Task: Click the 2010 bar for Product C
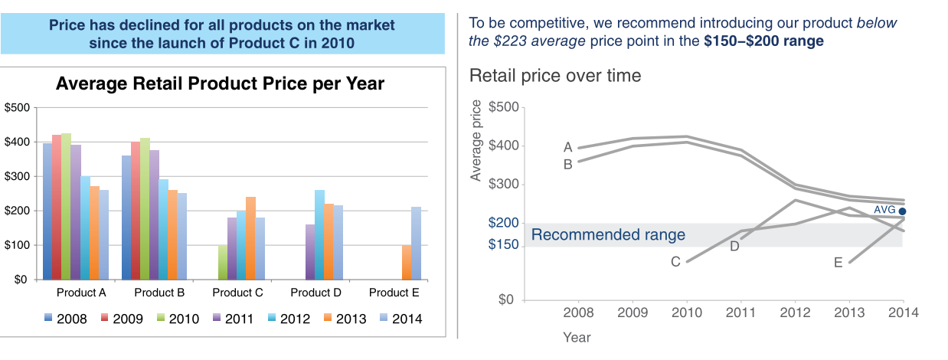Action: [x=223, y=262]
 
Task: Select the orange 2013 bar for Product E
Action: [x=407, y=262]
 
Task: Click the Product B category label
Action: [x=159, y=293]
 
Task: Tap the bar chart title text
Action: [x=220, y=83]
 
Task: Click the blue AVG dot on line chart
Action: [x=903, y=211]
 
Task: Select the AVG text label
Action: [x=884, y=209]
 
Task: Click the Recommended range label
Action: [x=608, y=235]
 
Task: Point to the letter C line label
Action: [x=675, y=262]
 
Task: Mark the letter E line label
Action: [x=838, y=263]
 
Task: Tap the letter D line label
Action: [x=734, y=246]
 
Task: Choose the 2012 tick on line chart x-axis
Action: [x=795, y=313]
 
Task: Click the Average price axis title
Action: [x=476, y=141]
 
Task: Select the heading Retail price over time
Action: [x=555, y=76]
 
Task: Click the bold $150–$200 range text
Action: [x=763, y=41]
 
